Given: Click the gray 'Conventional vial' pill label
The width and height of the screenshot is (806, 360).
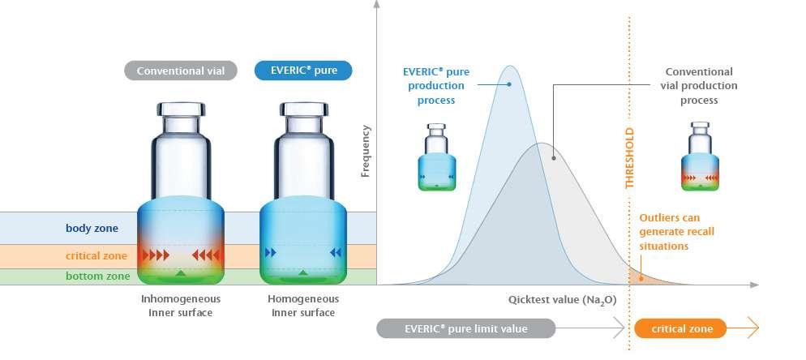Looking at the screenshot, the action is tap(181, 71).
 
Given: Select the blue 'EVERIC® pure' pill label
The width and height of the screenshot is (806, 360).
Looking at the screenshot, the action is tap(303, 71).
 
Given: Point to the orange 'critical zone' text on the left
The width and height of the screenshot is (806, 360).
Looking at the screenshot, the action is tap(96, 255).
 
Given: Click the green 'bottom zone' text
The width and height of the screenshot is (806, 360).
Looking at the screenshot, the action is tap(97, 276).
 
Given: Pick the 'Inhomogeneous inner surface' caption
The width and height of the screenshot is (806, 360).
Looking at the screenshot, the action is tap(181, 306).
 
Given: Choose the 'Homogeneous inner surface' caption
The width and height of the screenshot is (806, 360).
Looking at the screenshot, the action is tap(303, 306).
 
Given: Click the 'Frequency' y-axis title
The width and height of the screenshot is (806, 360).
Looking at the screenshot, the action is tap(365, 151).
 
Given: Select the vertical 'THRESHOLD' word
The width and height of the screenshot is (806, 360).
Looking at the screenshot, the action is tap(629, 158).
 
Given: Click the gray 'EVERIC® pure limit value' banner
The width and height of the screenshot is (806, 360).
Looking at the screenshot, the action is tap(466, 328).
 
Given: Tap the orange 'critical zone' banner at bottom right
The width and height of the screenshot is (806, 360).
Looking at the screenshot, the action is tap(684, 328).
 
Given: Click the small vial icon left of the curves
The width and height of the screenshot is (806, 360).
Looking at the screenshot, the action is tap(437, 157).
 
